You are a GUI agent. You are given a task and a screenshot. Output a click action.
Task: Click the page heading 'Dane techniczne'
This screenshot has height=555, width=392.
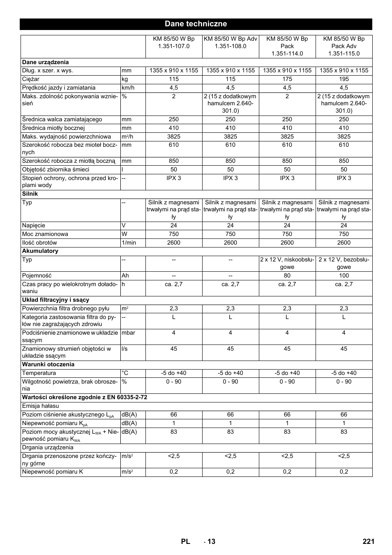196,24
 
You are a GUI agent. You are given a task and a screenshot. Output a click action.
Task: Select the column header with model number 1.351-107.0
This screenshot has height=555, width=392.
174,42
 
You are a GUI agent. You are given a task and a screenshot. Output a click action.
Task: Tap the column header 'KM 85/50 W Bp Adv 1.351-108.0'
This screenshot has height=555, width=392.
231,42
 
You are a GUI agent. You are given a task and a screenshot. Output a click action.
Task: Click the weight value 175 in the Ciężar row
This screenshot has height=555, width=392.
287,79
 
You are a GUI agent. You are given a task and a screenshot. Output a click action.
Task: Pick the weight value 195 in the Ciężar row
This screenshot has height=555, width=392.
344,79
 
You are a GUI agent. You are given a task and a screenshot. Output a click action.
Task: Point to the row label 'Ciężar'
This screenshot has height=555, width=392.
30,79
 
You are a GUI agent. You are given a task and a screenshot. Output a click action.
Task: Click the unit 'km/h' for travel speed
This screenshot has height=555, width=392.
128,88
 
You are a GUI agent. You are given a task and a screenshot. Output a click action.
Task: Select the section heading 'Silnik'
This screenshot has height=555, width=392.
30,194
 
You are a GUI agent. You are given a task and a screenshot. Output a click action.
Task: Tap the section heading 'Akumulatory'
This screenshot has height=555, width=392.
40,251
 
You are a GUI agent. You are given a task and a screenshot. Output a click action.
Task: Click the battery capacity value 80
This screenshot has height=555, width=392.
287,275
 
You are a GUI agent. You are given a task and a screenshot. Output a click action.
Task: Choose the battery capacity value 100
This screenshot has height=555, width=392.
344,275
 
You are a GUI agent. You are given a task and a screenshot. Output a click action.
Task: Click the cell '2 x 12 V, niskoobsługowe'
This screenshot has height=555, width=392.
287,263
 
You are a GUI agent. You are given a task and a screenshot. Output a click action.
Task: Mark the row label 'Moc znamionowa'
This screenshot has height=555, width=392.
45,234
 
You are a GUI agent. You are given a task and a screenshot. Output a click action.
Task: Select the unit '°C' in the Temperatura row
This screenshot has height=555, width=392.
125,373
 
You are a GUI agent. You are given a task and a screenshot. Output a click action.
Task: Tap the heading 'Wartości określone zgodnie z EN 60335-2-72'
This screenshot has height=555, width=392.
85,397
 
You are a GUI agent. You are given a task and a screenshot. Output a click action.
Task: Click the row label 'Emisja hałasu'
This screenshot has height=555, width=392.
41,406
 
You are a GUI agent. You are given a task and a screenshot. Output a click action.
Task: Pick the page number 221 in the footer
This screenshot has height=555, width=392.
369,541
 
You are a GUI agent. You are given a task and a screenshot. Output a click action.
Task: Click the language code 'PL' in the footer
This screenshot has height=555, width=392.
185,541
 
